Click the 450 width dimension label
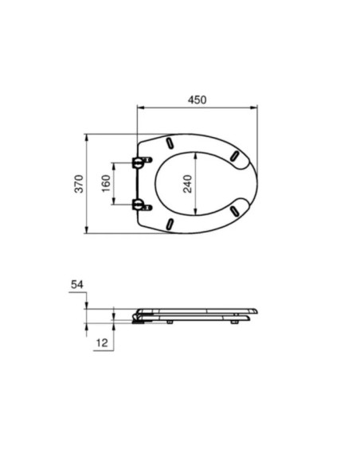coord(197,100)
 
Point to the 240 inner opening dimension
coord(187,184)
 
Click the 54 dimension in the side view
coord(77,284)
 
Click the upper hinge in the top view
coord(141,162)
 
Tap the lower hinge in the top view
coord(141,205)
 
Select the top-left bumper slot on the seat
coord(170,144)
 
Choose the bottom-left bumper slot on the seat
coord(170,224)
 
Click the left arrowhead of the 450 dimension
coord(140,109)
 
